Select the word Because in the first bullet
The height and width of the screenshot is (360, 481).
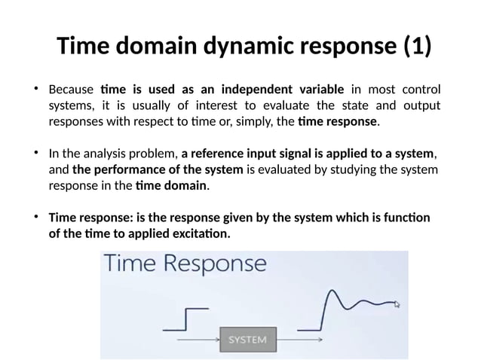pyautogui.click(x=71, y=90)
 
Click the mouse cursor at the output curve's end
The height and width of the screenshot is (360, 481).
pyautogui.click(x=397, y=304)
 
